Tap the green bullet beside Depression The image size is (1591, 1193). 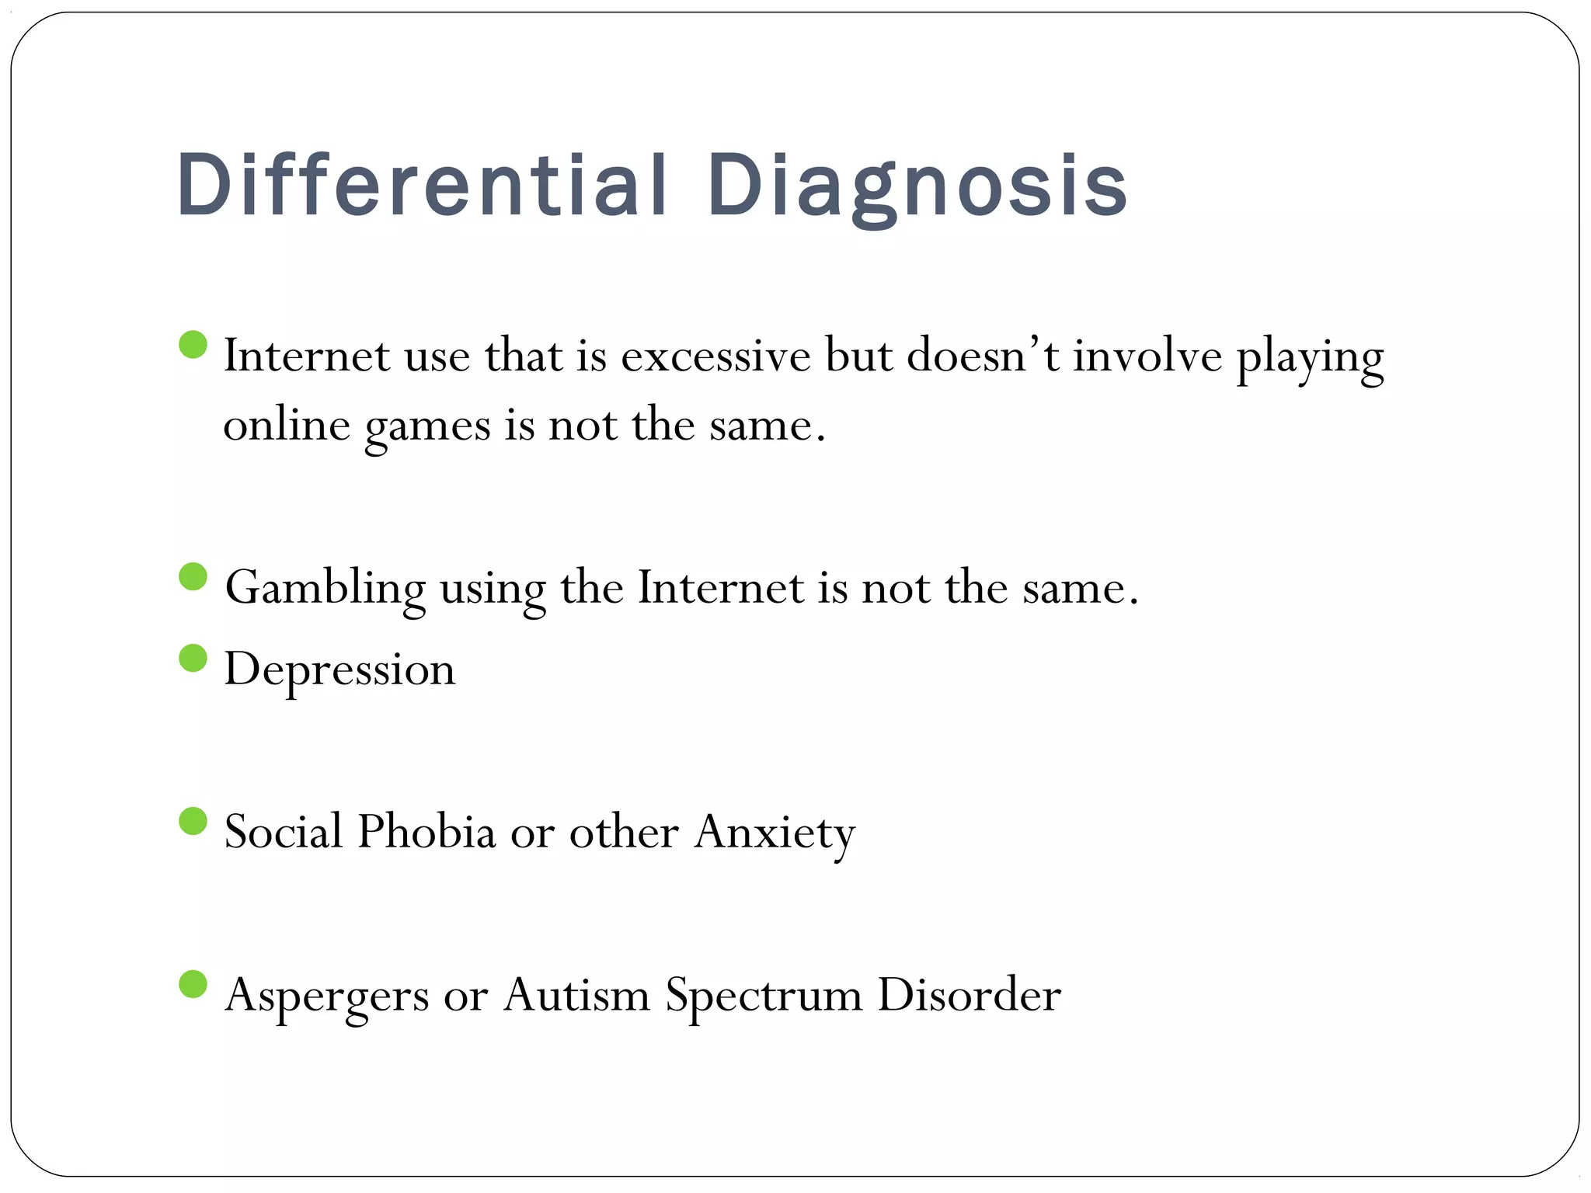[193, 659]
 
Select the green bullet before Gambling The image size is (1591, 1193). [193, 577]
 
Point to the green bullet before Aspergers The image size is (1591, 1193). [193, 984]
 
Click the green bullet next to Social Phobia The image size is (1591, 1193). [193, 821]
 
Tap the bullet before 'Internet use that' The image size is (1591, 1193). [193, 345]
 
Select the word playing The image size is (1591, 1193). [1310, 359]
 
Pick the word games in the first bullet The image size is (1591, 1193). [427, 427]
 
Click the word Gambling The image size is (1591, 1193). [325, 589]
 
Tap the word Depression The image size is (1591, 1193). [339, 670]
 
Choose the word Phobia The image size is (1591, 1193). [426, 832]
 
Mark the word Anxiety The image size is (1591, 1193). [775, 833]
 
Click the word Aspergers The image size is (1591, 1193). [326, 996]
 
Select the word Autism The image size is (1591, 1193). [576, 995]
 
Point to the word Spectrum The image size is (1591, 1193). [764, 996]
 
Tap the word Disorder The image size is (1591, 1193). [969, 995]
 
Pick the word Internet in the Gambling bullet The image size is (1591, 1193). [721, 589]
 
